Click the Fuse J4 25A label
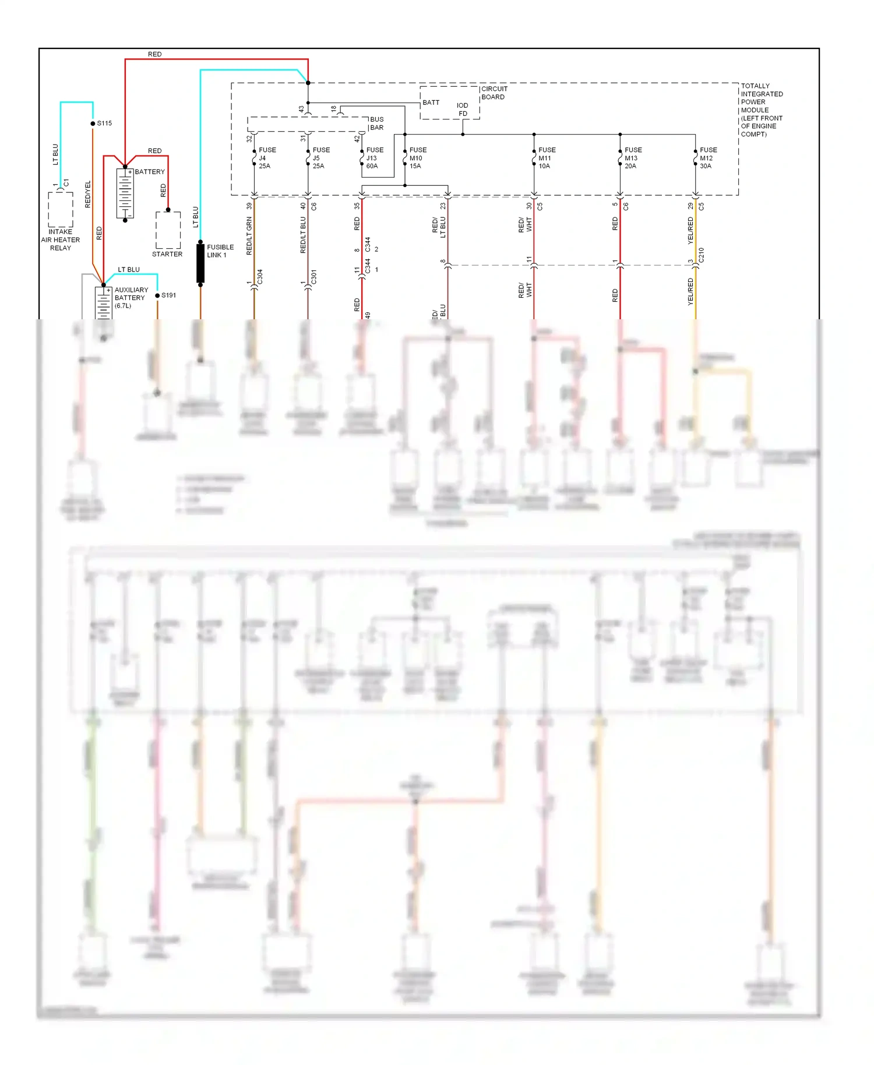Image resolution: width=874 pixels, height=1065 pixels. point(266,158)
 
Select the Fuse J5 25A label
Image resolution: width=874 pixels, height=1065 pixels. point(320,158)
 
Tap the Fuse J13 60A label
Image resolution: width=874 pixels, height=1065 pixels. point(373,158)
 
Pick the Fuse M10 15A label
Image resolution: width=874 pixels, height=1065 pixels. point(417,158)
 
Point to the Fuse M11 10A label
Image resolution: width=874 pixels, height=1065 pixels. point(546,158)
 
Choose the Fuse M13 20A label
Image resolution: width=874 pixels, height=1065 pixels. point(632,158)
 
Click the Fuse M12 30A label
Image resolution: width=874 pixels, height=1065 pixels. point(707,158)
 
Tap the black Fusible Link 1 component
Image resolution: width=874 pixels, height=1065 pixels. point(200,263)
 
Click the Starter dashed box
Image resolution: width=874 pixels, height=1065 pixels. point(168,230)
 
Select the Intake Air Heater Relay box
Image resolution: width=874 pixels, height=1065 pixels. point(61,210)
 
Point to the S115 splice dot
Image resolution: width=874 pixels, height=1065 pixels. point(93,124)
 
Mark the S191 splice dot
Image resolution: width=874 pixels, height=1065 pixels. point(157,296)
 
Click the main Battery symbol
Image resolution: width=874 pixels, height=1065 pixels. point(125,193)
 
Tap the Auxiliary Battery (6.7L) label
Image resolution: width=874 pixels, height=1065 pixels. point(131,298)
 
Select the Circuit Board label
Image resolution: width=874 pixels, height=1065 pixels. point(494,93)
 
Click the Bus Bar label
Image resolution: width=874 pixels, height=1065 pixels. point(376,124)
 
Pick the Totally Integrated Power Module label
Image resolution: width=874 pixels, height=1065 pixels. point(761,110)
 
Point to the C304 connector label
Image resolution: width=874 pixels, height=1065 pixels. point(260,276)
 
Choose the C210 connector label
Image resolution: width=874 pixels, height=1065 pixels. point(701,255)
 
